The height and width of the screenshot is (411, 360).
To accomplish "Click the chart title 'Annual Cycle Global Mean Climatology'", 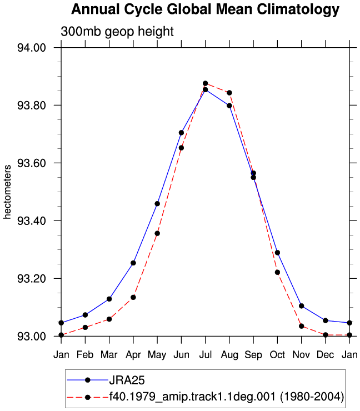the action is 206,9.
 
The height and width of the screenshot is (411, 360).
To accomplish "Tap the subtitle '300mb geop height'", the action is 117,32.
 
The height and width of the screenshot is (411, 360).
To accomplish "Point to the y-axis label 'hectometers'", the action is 7,192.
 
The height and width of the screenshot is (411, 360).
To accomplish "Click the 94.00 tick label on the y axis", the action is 32,48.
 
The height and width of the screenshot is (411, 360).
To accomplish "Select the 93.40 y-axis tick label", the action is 32,220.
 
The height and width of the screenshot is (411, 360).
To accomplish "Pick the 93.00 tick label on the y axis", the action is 32,336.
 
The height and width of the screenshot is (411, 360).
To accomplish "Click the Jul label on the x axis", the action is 206,355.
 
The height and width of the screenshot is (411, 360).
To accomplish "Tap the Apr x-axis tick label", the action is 133,355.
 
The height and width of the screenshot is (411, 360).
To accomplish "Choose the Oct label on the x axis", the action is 277,355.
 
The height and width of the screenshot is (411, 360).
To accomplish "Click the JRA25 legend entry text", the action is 127,380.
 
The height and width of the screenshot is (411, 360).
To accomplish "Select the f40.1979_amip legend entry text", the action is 227,397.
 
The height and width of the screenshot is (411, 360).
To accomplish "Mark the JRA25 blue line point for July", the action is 206,89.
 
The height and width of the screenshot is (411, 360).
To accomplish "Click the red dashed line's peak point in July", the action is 206,83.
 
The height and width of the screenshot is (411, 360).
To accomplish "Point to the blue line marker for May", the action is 157,204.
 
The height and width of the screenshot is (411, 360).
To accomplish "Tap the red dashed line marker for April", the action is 133,297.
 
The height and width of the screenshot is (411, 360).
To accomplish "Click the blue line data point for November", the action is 302,306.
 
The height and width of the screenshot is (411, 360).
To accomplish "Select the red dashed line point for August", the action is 229,93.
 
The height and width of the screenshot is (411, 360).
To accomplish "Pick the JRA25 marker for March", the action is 109,299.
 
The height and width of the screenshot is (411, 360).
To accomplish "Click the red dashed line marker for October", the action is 277,272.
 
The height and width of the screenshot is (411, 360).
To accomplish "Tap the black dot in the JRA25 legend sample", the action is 88,380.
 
